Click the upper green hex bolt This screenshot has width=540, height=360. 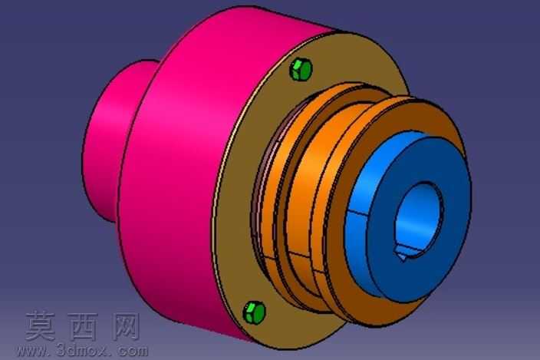pos(301,70)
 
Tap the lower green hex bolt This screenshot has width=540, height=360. pos(255,312)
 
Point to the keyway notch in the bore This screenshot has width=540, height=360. pos(403,253)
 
